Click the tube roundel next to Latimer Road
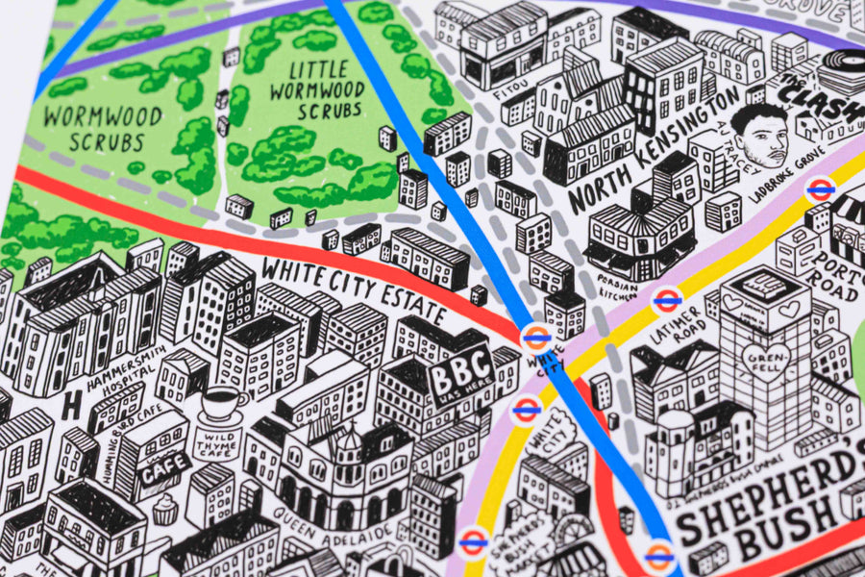click(666, 301)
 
